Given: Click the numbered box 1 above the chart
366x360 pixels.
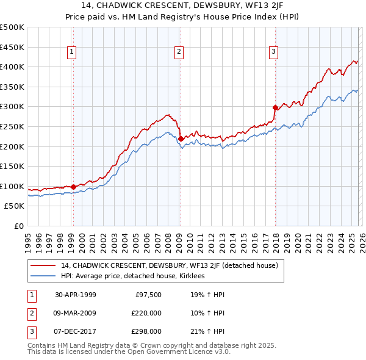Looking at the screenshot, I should pos(72,52).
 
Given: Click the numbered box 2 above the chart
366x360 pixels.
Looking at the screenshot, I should pos(179,52).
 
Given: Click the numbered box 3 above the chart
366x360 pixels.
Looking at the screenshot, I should pos(274,52).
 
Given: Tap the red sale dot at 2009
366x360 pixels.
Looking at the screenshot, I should pos(181,139).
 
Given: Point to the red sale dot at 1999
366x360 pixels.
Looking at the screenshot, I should pos(73,187).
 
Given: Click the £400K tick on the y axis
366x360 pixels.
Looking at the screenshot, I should pos(12,67).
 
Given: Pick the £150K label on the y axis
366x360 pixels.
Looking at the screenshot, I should pos(12,167).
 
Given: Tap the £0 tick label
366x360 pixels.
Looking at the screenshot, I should pos(20,226).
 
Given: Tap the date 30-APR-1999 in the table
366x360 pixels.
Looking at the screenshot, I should pos(76,295).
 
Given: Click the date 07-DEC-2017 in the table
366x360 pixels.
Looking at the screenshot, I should pos(76,331).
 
